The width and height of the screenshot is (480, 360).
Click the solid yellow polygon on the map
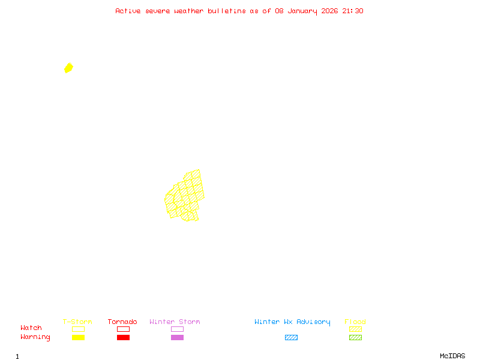[x=68, y=68]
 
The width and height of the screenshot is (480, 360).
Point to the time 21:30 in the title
[x=353, y=11]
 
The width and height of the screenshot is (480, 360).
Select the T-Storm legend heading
[x=77, y=322]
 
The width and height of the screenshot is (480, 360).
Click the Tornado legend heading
[x=122, y=322]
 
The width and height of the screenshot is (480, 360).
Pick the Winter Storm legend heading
[x=175, y=322]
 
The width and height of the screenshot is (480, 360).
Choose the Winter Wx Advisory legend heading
[x=292, y=322]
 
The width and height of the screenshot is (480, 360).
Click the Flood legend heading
[x=355, y=322]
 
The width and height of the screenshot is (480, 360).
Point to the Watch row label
[x=31, y=328]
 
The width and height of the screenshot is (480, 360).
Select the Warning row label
[x=35, y=337]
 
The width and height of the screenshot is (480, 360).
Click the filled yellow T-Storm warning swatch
[x=78, y=337]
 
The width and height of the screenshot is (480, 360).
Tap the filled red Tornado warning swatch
[x=123, y=337]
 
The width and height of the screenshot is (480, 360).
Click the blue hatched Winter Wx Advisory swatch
[x=291, y=337]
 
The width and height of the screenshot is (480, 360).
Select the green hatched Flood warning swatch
[x=355, y=337]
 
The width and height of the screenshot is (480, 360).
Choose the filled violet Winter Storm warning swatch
[x=177, y=337]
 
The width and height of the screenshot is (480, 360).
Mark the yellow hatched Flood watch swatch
[x=355, y=329]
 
